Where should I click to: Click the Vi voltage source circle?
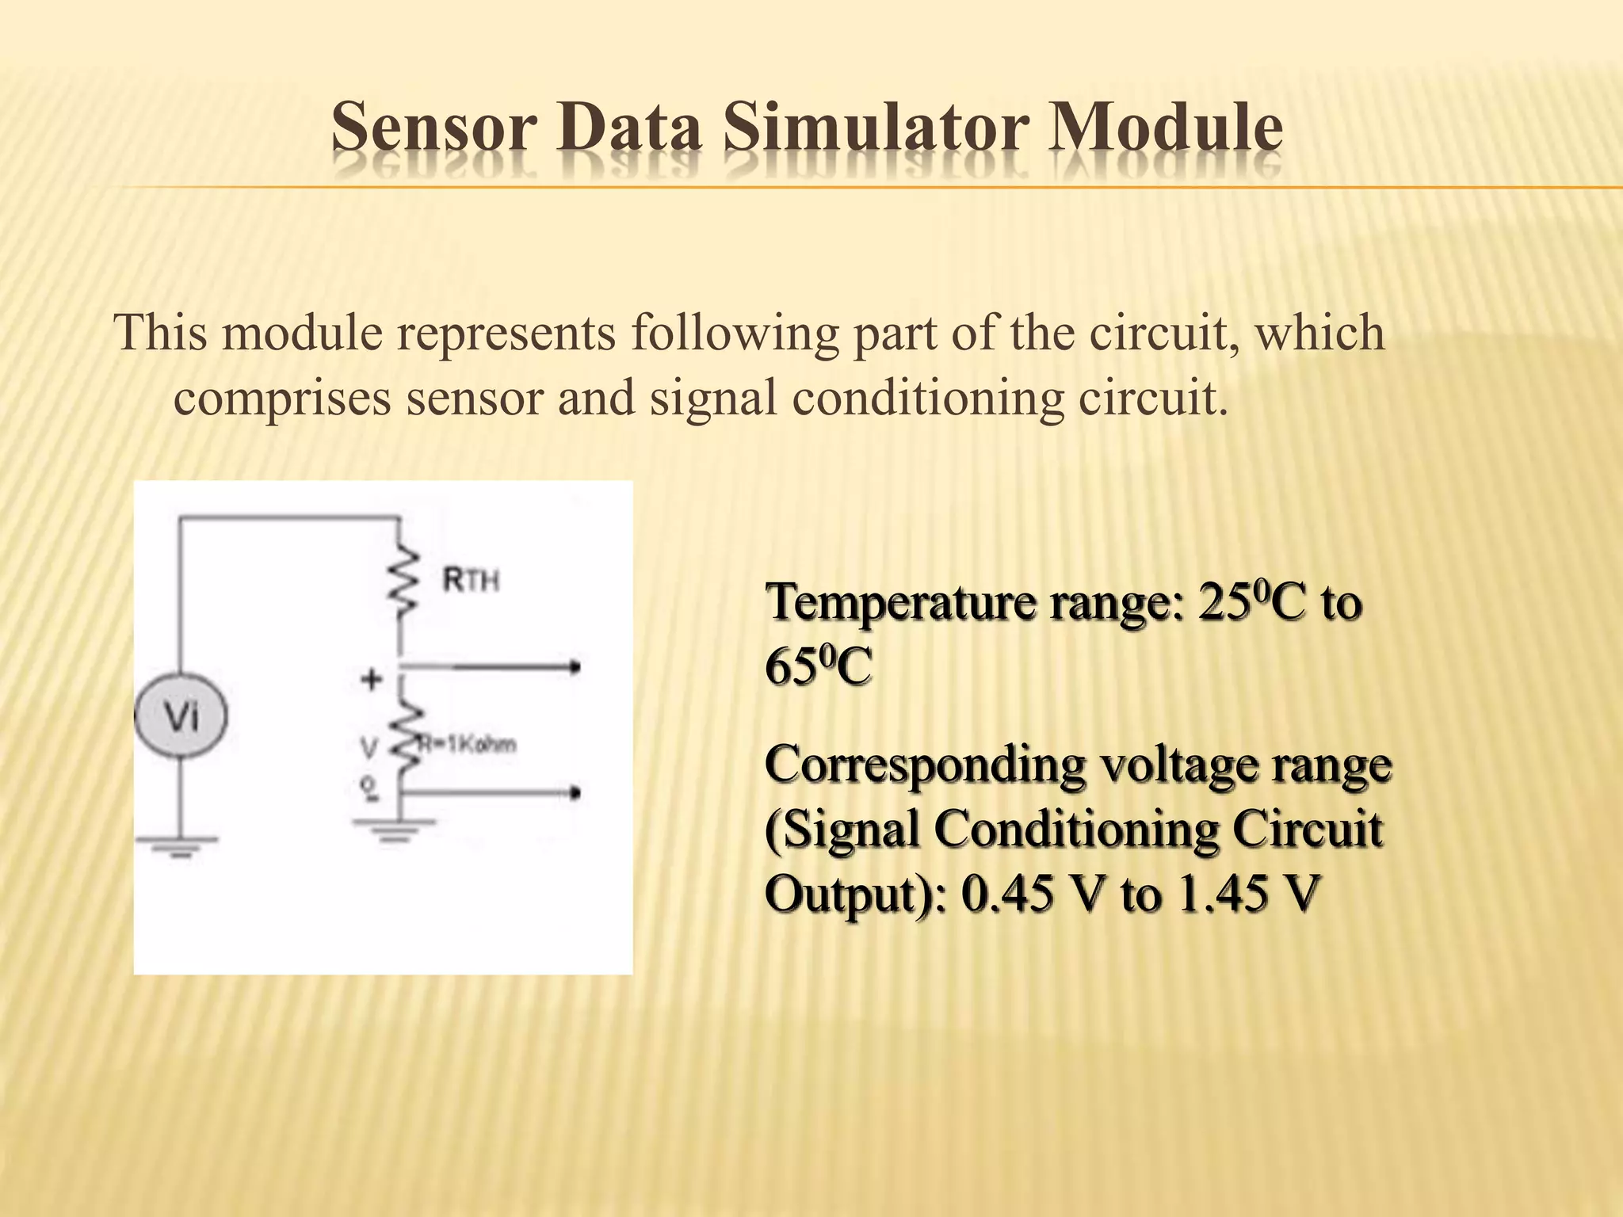[x=181, y=718]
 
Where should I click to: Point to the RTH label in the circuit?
[x=471, y=581]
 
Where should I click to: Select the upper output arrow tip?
[x=576, y=668]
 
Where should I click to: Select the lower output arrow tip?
[x=576, y=792]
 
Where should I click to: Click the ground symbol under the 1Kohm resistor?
[x=394, y=830]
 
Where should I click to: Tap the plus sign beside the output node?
[x=372, y=679]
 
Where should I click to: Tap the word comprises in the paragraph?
[x=282, y=399]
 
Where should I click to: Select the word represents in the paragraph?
[x=506, y=333]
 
